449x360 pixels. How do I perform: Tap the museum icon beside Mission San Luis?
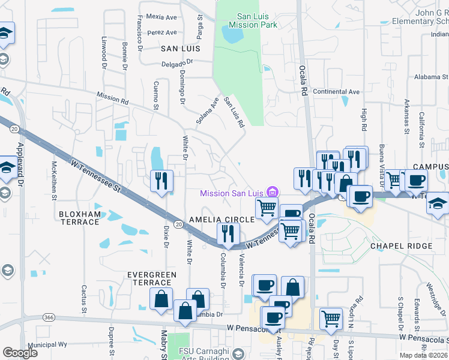(273, 192)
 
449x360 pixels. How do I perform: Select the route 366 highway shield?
(49, 317)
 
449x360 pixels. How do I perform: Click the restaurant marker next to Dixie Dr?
(161, 182)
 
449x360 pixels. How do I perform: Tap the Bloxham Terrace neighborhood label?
(79, 217)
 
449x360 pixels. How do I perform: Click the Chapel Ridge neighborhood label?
(401, 246)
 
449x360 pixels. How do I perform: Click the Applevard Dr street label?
(20, 162)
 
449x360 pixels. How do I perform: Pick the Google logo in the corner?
(20, 353)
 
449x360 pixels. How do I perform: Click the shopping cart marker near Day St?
(331, 319)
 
